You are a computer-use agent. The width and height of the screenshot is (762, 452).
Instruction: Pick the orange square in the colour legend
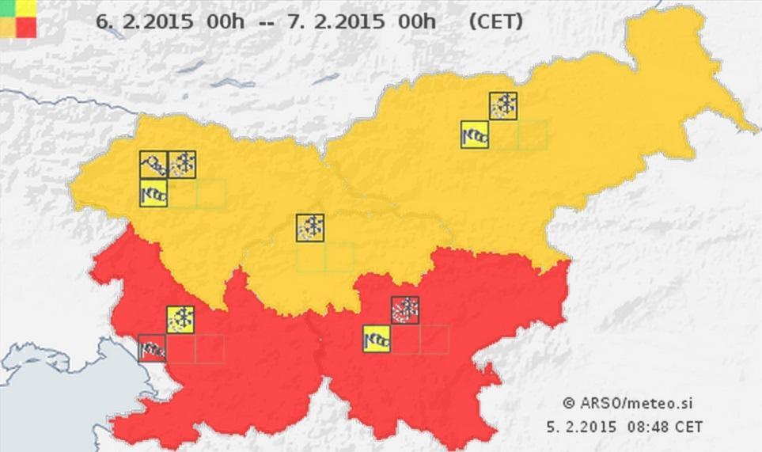(9, 26)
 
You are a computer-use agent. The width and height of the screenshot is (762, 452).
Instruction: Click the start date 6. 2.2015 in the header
(144, 21)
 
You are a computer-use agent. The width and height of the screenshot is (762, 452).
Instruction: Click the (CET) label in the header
(495, 21)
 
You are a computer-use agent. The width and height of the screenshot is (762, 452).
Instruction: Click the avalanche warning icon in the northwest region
(154, 165)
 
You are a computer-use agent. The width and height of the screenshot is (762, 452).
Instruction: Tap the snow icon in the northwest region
(182, 165)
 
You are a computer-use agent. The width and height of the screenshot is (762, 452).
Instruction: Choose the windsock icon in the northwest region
(154, 193)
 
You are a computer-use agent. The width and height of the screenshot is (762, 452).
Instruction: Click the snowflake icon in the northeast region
(503, 106)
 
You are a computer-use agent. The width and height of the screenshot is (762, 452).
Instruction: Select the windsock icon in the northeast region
(475, 135)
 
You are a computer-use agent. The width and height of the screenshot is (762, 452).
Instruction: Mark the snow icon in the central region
(309, 227)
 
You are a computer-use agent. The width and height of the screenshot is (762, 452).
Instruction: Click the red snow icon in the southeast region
(405, 310)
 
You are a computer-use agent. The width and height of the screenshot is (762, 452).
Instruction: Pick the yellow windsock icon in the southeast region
(377, 339)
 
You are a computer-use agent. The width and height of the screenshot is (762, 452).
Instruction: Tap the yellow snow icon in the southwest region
(180, 319)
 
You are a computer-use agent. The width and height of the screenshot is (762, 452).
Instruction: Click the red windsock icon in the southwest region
(152, 348)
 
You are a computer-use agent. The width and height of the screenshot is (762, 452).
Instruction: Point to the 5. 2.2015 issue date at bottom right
(581, 427)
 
